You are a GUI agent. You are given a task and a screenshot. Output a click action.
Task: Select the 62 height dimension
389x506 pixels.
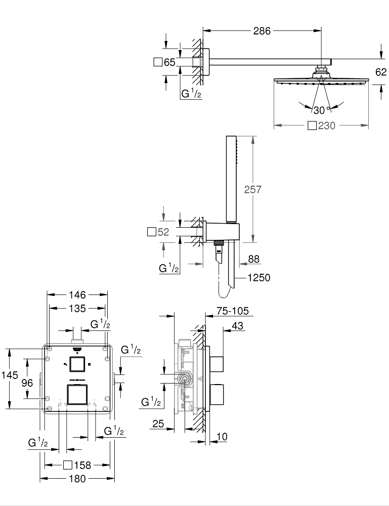(381, 72)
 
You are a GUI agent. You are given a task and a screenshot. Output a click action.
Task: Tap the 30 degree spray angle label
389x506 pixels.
(318, 110)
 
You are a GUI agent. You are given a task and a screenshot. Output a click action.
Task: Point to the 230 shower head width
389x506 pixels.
(327, 126)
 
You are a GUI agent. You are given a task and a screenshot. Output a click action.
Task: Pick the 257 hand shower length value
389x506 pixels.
(252, 189)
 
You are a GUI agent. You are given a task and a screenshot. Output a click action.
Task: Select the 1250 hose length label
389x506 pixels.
(259, 277)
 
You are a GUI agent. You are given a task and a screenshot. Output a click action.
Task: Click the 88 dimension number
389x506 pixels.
(253, 259)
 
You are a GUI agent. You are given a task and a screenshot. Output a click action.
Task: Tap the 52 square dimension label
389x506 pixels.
(162, 232)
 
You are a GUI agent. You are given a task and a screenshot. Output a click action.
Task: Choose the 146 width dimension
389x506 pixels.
(77, 294)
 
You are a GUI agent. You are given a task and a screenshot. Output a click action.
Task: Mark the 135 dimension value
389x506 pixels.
(77, 308)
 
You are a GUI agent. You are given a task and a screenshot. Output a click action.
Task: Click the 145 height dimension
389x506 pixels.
(9, 375)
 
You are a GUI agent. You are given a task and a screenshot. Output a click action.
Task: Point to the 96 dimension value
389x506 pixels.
(27, 384)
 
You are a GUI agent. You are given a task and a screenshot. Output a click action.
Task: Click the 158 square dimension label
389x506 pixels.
(81, 465)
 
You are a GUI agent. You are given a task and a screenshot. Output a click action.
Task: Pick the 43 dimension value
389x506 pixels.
(238, 326)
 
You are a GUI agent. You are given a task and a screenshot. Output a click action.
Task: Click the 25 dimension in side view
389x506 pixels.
(158, 424)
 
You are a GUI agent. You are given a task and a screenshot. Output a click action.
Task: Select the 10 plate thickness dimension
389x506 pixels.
(222, 436)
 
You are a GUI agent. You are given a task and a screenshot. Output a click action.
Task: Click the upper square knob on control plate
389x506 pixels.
(77, 364)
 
